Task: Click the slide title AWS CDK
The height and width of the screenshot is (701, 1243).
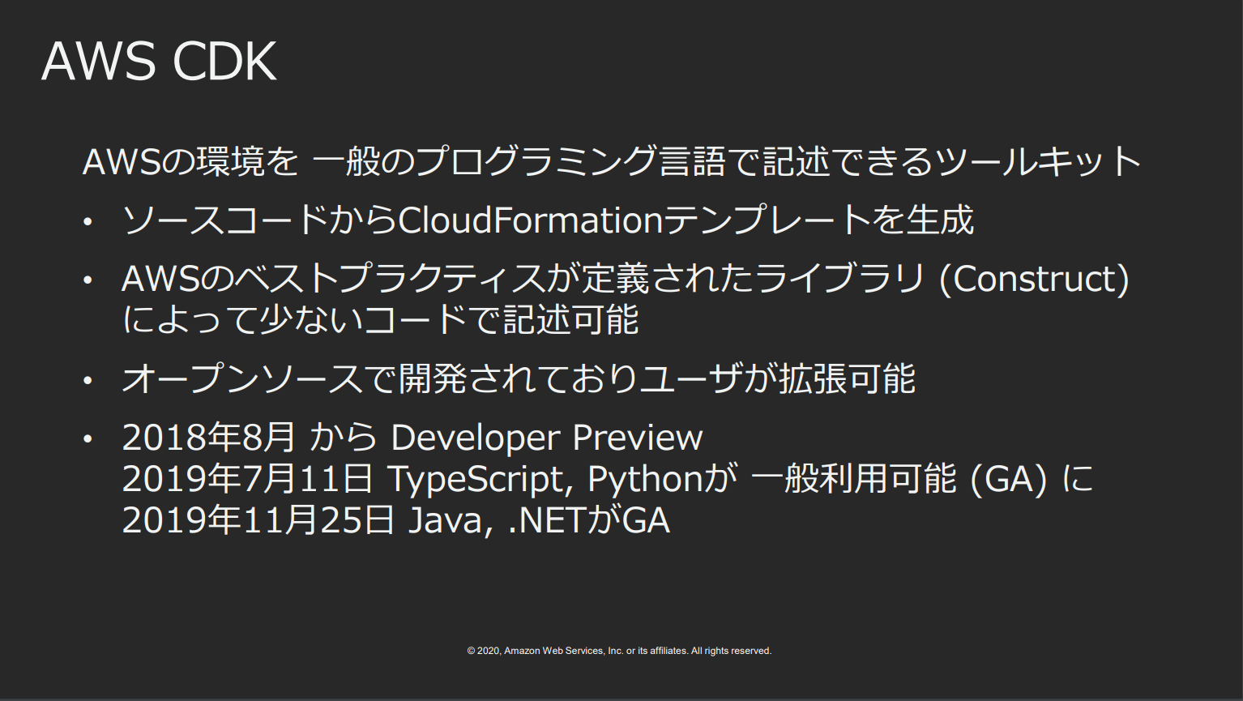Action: (159, 62)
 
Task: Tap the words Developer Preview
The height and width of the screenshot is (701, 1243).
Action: (547, 438)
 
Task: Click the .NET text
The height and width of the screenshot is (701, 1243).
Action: (546, 520)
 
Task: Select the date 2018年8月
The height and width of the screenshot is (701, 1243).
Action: (209, 438)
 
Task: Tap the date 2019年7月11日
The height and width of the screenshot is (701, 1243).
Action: (247, 479)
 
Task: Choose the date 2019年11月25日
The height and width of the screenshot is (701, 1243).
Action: (258, 520)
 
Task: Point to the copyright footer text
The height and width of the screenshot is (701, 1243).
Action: (619, 651)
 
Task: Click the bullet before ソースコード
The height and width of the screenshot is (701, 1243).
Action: (88, 221)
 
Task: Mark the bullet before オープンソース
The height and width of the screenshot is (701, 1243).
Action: (88, 380)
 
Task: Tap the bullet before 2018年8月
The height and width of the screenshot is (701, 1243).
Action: (88, 438)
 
